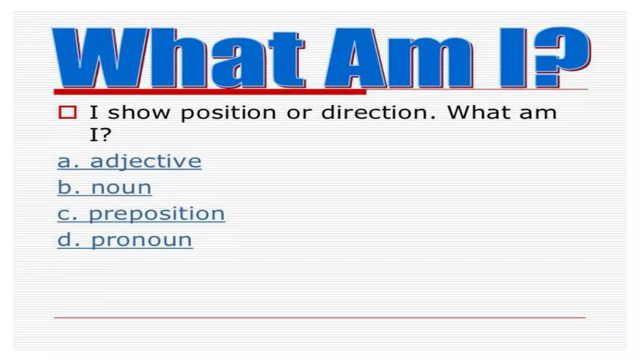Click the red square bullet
(x=67, y=112)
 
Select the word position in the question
(x=228, y=113)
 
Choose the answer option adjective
(x=146, y=162)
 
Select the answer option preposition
(x=157, y=214)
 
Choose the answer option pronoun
(x=142, y=240)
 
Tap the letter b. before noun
(x=68, y=187)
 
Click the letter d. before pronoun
(x=68, y=240)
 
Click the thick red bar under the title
(x=209, y=92)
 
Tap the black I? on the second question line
(x=100, y=135)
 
